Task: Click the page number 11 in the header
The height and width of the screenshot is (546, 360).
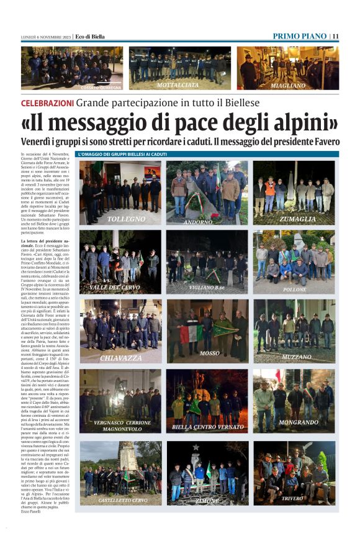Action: click(x=335, y=36)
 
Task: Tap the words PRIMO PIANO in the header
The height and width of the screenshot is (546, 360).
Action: click(x=299, y=36)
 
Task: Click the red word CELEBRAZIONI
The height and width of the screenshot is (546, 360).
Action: click(x=47, y=102)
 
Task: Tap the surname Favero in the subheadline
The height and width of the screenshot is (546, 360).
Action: click(x=322, y=142)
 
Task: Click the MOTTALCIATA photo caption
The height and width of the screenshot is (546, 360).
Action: click(x=178, y=84)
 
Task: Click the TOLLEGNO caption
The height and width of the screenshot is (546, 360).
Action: click(x=126, y=219)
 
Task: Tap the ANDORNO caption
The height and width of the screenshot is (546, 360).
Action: click(x=199, y=221)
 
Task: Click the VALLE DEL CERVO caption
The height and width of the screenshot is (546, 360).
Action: click(x=115, y=288)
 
